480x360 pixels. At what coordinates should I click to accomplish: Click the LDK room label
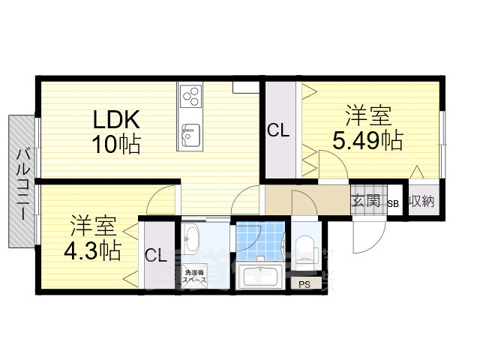pyautogui.click(x=117, y=119)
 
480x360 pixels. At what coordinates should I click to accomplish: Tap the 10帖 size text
pyautogui.click(x=117, y=144)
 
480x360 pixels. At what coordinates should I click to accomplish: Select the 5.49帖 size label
pyautogui.click(x=367, y=140)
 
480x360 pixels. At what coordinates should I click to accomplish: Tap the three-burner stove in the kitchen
pyautogui.click(x=191, y=97)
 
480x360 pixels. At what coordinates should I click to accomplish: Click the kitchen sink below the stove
pyautogui.click(x=190, y=136)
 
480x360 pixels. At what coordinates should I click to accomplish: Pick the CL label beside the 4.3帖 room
pyautogui.click(x=155, y=256)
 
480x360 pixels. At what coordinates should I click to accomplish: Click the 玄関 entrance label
pyautogui.click(x=366, y=202)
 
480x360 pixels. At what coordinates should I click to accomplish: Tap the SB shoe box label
pyautogui.click(x=393, y=203)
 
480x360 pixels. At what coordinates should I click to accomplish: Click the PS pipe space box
pyautogui.click(x=304, y=284)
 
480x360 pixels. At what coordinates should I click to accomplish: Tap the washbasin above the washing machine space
pyautogui.click(x=190, y=241)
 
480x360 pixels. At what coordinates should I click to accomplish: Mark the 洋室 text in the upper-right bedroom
pyautogui.click(x=367, y=117)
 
